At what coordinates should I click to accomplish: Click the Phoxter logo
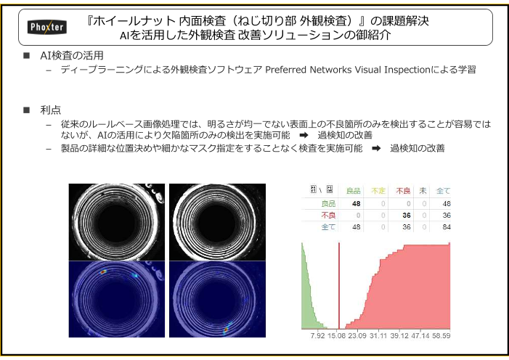(47, 27)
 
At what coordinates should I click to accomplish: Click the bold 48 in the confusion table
(356, 203)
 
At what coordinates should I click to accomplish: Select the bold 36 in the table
(407, 216)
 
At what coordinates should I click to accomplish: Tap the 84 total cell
(447, 227)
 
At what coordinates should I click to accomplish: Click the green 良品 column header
(353, 191)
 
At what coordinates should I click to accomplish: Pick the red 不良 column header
(403, 191)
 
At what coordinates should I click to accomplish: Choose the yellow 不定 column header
(378, 191)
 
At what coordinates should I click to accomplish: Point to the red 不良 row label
(328, 216)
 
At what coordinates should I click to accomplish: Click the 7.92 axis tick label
(317, 335)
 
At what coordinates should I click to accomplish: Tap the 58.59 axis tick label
(441, 335)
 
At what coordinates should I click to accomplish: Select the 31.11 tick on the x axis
(378, 335)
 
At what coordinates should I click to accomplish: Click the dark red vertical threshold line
(339, 286)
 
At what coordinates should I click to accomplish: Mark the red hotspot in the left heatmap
(103, 271)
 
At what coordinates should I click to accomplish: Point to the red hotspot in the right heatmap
(226, 330)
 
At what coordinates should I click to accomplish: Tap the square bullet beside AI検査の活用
(27, 55)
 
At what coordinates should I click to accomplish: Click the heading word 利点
(51, 110)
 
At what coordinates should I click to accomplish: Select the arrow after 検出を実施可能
(304, 135)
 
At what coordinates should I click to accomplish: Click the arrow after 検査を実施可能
(376, 148)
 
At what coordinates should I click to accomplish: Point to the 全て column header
(443, 191)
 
